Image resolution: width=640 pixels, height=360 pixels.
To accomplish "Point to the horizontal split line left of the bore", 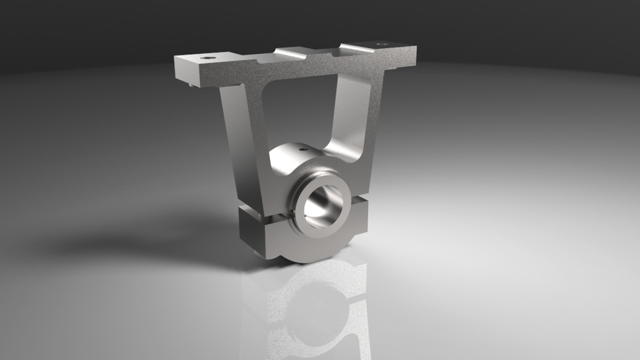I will point(263,217).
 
